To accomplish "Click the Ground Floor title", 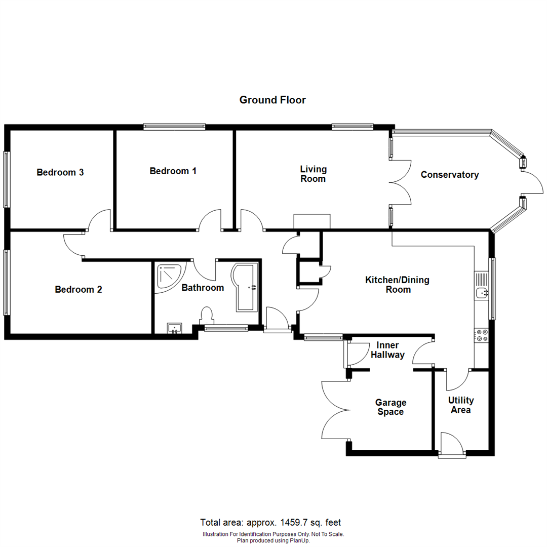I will pos(272,100).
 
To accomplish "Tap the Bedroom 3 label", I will pos(60,172).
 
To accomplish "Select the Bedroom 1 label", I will pos(173,171).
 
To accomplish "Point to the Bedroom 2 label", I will pos(79,290).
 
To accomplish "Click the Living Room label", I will pos(313,174).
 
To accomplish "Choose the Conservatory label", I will pos(450,175).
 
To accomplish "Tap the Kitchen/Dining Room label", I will pos(388,285).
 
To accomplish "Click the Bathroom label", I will pos(203,288).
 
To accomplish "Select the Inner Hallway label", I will pos(387,350).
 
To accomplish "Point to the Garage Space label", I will pos(390,407).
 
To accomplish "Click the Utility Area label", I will pos(461,405).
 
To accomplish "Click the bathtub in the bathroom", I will pos(246,287).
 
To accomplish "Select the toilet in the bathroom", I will pos(207,316).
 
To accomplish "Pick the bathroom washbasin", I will pos(175,328).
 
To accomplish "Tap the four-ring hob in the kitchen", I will pos(481,335).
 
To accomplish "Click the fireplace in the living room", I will pos(311,221).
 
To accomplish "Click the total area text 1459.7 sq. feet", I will pos(273,523).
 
